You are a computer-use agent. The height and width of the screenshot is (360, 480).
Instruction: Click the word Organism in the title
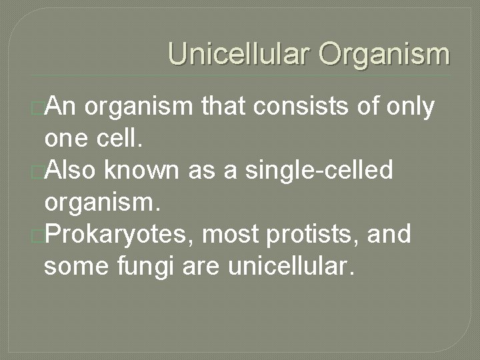tap(384, 55)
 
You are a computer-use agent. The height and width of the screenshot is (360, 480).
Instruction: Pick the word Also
tap(73, 171)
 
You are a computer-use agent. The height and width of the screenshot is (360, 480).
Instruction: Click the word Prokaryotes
tap(114, 235)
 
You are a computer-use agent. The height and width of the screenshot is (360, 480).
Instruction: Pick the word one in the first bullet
tap(63, 139)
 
